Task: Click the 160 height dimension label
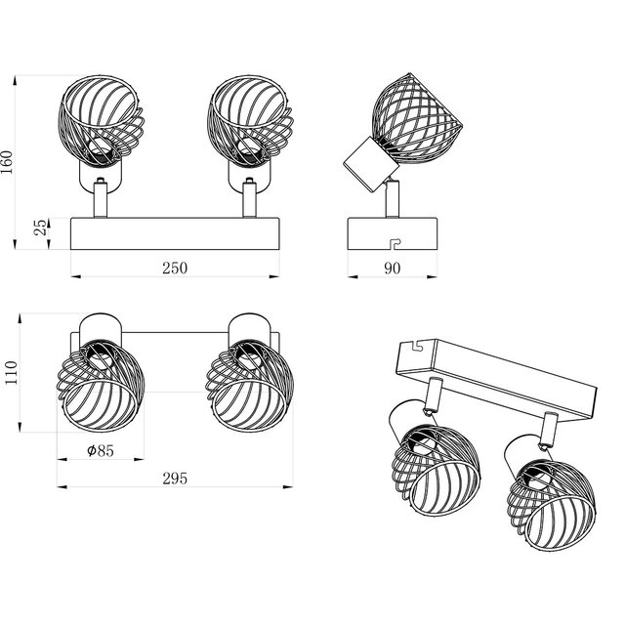(10, 161)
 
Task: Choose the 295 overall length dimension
(175, 478)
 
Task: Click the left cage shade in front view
(104, 122)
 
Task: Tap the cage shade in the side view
(416, 117)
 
